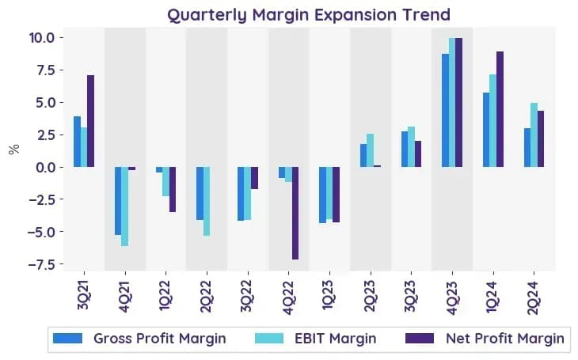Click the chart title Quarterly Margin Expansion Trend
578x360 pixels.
click(x=309, y=15)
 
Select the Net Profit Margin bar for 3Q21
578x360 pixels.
click(x=91, y=121)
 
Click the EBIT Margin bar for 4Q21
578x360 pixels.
click(x=125, y=207)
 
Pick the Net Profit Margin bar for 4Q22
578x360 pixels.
click(x=295, y=213)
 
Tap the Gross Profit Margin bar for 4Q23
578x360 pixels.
click(x=445, y=110)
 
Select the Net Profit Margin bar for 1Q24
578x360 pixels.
click(x=500, y=109)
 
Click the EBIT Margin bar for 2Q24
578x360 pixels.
click(x=534, y=135)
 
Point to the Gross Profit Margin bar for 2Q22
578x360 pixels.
click(x=200, y=193)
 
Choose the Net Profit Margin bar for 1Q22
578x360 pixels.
click(x=173, y=189)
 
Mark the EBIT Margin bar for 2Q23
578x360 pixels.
click(x=370, y=150)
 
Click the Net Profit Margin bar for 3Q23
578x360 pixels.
click(x=417, y=154)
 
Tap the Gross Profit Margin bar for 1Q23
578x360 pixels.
click(x=322, y=195)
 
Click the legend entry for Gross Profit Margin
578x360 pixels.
click(x=139, y=339)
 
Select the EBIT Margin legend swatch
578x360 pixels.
click(x=269, y=339)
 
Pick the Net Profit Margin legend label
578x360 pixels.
click(x=505, y=339)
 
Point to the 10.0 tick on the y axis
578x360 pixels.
click(x=42, y=38)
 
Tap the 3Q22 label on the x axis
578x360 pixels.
click(x=247, y=296)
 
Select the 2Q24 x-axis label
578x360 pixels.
click(x=534, y=297)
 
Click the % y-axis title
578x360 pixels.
click(x=14, y=150)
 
